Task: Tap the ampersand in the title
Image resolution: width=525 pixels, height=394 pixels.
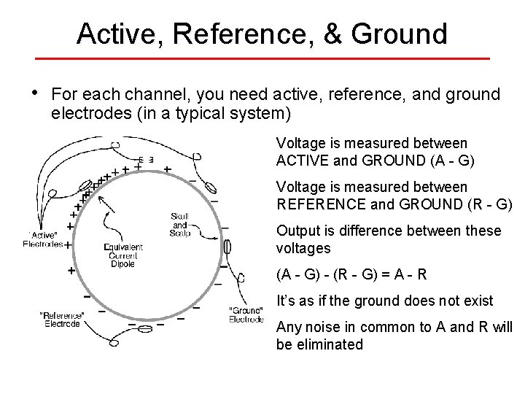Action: (x=328, y=34)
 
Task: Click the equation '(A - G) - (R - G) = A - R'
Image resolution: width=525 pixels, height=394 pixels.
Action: (x=351, y=275)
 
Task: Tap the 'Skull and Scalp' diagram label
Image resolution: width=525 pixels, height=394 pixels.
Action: (x=179, y=224)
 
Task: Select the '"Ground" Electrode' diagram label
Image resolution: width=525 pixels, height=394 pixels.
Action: (x=246, y=314)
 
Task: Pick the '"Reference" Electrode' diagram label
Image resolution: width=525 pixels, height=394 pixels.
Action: (x=62, y=319)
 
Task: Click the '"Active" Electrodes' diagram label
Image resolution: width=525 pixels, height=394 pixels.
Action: (x=43, y=239)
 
